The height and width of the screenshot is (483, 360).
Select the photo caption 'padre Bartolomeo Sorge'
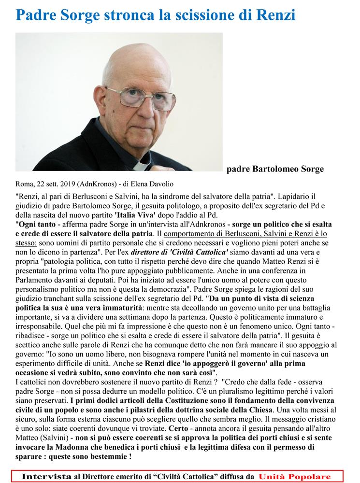tap(275, 169)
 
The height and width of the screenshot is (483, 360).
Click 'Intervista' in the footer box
tap(47, 476)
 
